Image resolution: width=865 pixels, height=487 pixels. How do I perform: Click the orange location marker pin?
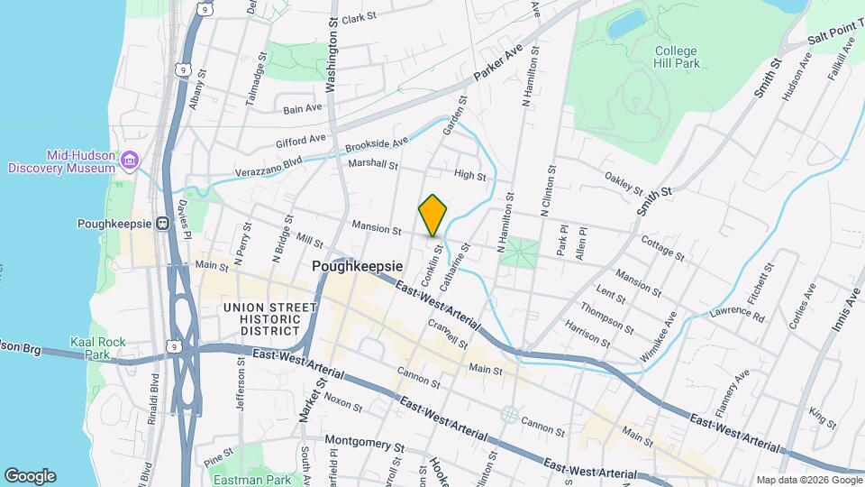tap(433, 215)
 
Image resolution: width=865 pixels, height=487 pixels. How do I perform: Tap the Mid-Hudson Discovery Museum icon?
tap(132, 161)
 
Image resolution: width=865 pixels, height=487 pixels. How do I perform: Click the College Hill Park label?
tap(677, 58)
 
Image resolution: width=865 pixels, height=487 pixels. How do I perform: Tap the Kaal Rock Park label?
tap(92, 348)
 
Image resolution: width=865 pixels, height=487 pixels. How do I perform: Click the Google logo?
tap(30, 476)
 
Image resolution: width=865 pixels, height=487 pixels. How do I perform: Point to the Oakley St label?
tap(624, 183)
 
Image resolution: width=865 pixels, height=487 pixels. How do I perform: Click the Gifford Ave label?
tap(301, 141)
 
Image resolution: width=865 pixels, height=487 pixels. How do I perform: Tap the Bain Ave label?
tap(303, 108)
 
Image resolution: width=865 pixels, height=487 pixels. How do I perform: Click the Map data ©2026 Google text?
tap(807, 479)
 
